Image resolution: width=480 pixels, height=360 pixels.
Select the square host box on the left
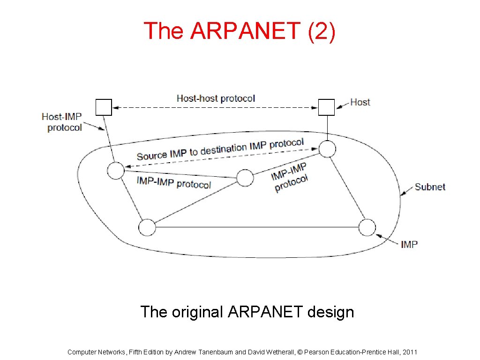(104, 107)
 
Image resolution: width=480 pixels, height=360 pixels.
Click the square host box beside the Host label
(327, 107)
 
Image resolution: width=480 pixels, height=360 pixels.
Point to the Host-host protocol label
(216, 98)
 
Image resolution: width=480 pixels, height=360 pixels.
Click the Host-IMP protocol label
(62, 122)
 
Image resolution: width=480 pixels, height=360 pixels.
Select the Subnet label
(430, 187)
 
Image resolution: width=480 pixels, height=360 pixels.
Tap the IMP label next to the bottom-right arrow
(409, 244)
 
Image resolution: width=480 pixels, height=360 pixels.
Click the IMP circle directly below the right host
(327, 149)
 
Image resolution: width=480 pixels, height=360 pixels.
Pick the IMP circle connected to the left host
(115, 171)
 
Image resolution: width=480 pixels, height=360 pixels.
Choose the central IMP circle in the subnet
(245, 178)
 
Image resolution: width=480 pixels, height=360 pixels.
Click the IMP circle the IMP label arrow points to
(367, 227)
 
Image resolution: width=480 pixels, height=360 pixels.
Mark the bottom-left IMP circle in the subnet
(147, 227)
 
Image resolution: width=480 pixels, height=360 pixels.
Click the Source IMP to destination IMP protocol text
(220, 150)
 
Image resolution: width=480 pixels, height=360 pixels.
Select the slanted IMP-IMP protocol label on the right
(290, 177)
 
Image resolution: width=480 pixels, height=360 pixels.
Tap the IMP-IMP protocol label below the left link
(174, 182)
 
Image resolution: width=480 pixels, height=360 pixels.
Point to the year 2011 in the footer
(409, 352)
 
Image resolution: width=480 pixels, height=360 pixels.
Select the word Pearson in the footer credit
(317, 352)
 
